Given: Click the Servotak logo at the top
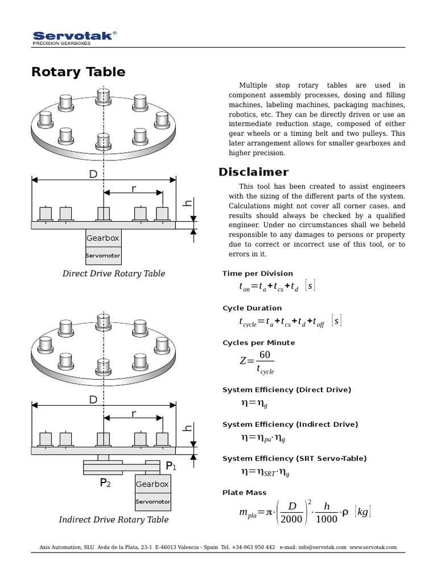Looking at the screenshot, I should pos(74,37).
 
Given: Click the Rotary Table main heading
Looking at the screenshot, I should pos(79,72).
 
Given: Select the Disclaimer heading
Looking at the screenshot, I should pos(254,172).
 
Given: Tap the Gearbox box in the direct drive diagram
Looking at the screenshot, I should pos(103,238).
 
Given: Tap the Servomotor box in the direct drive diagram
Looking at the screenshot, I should pos(103,256).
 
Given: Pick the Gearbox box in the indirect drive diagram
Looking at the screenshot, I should pos(152,484).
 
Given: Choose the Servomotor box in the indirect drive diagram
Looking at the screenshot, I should pos(152,502).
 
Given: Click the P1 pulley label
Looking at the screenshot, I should pos(171,466).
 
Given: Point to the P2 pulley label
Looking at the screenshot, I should pos(105,483).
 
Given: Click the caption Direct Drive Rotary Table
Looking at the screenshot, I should pos(114,273).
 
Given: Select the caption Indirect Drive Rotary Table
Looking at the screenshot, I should pos(114,519).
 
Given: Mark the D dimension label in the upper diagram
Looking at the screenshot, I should pos(93,174).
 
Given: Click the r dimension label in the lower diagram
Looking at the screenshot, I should pos(134,413).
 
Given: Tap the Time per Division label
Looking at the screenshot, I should pos(258,273).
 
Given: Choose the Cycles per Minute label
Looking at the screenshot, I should pos(258,343).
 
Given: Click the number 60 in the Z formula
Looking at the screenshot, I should pos(265,355).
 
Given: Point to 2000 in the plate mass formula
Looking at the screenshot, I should pos(292,519).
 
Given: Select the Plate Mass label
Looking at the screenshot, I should pos(244,493).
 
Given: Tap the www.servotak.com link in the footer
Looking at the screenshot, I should pos(373,547).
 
